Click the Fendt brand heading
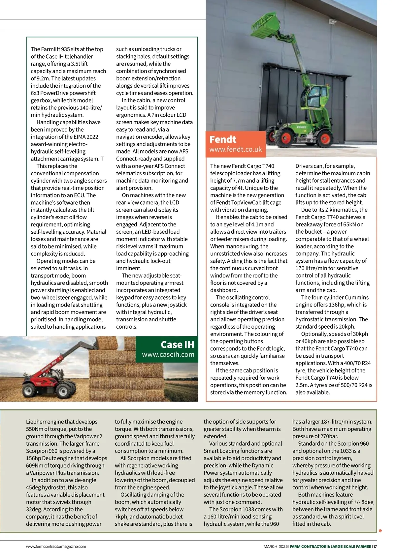click(223, 139)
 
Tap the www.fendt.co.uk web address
click(235, 149)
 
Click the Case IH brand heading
click(177, 344)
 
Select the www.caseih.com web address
click(168, 355)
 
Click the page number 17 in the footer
click(375, 546)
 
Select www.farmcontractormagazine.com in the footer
click(56, 546)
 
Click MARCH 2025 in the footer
click(275, 546)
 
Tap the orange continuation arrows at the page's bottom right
click(380, 531)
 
